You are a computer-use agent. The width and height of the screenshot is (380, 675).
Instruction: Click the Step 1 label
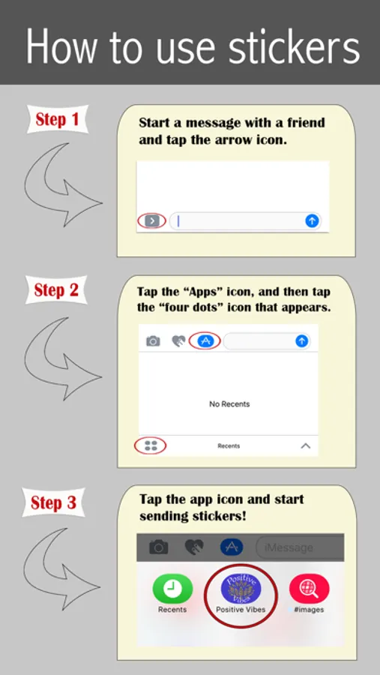point(57,119)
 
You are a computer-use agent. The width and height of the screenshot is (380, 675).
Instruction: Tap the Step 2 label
point(56,290)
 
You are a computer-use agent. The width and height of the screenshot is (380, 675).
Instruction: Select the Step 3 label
point(54,502)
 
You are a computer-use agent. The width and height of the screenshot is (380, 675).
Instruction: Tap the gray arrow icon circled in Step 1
point(152,221)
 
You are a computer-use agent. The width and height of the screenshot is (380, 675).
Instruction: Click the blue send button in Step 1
point(312,220)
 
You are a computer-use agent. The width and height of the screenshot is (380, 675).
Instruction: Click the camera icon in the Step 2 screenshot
point(153,341)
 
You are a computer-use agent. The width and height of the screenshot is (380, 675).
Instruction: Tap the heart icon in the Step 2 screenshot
point(178,341)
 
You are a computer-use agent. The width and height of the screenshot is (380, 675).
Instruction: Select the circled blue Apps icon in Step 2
point(205,341)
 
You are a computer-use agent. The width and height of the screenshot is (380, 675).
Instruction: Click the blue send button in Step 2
point(302,341)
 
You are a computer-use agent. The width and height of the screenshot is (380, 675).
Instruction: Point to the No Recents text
point(229,403)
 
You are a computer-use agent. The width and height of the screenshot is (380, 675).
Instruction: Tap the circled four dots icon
point(151,445)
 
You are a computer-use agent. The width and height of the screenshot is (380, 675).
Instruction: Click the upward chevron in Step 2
point(306,446)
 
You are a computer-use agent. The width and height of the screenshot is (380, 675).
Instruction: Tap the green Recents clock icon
point(172,589)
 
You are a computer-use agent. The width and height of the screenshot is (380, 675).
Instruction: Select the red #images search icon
point(309,589)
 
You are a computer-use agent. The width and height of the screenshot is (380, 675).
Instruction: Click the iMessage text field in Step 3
point(300,547)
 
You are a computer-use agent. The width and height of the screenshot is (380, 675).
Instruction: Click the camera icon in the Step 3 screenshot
point(159,547)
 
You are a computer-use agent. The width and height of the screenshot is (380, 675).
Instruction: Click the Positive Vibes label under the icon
point(241,610)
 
